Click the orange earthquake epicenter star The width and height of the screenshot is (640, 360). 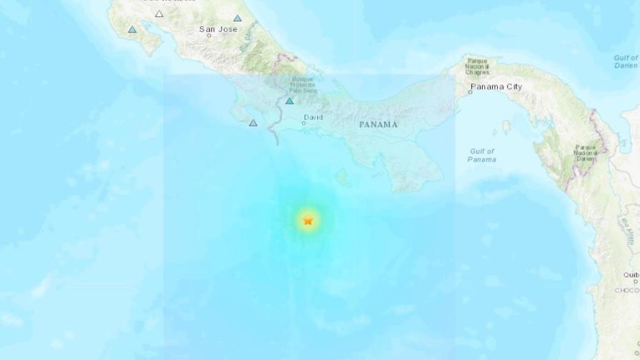coord(308,221)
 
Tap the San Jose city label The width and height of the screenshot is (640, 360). coord(218,29)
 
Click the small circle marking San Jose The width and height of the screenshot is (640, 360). coord(209,35)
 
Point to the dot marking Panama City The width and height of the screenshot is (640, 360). coord(471,92)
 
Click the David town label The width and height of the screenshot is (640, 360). coord(314,117)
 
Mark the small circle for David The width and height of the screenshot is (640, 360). coord(304,123)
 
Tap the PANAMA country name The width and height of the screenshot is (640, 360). coord(378,124)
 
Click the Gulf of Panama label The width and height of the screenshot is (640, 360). coord(482,155)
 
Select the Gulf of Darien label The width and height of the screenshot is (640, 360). coord(626,61)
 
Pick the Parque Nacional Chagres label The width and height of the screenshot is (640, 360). coord(477,66)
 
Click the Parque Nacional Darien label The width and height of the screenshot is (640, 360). coord(585,153)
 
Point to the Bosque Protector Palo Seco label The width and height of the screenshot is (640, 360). coord(302,85)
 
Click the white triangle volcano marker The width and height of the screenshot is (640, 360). coord(159,14)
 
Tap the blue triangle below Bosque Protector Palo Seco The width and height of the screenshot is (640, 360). coord(290,101)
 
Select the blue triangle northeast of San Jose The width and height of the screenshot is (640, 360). coord(237,19)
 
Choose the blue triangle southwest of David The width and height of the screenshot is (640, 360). coord(253,124)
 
